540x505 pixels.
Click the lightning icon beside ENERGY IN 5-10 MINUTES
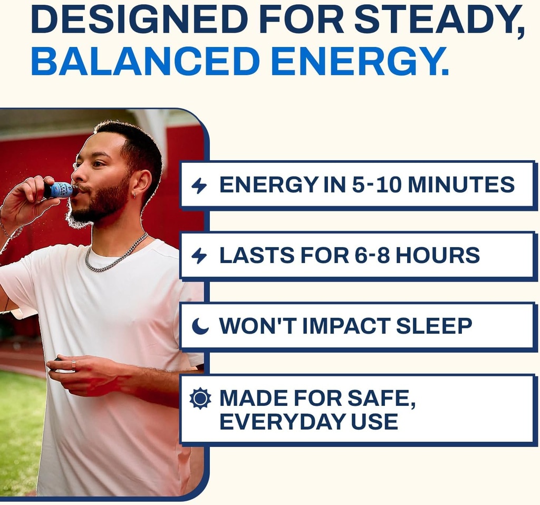pyautogui.click(x=199, y=186)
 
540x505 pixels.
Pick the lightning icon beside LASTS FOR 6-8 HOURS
pyautogui.click(x=199, y=256)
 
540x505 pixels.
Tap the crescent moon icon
pyautogui.click(x=200, y=326)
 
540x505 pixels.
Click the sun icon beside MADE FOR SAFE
pyautogui.click(x=200, y=398)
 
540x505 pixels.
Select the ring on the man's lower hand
pyautogui.click(x=74, y=365)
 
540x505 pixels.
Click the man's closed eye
pyautogui.click(x=98, y=164)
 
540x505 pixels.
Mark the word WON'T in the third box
pyautogui.click(x=257, y=326)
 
